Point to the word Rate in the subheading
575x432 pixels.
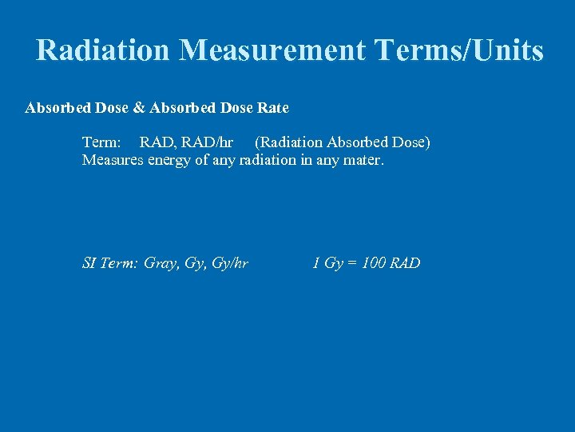click(x=273, y=107)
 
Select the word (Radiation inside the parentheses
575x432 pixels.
click(x=290, y=142)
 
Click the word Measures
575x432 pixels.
click(x=113, y=160)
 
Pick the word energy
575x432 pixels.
click(x=171, y=161)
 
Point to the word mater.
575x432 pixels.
click(x=365, y=160)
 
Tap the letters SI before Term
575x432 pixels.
click(x=89, y=263)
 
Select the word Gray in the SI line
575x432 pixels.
click(x=161, y=264)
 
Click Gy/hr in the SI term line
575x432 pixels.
click(x=228, y=264)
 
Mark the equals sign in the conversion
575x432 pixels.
click(x=351, y=263)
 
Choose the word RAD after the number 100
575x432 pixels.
click(x=405, y=263)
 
